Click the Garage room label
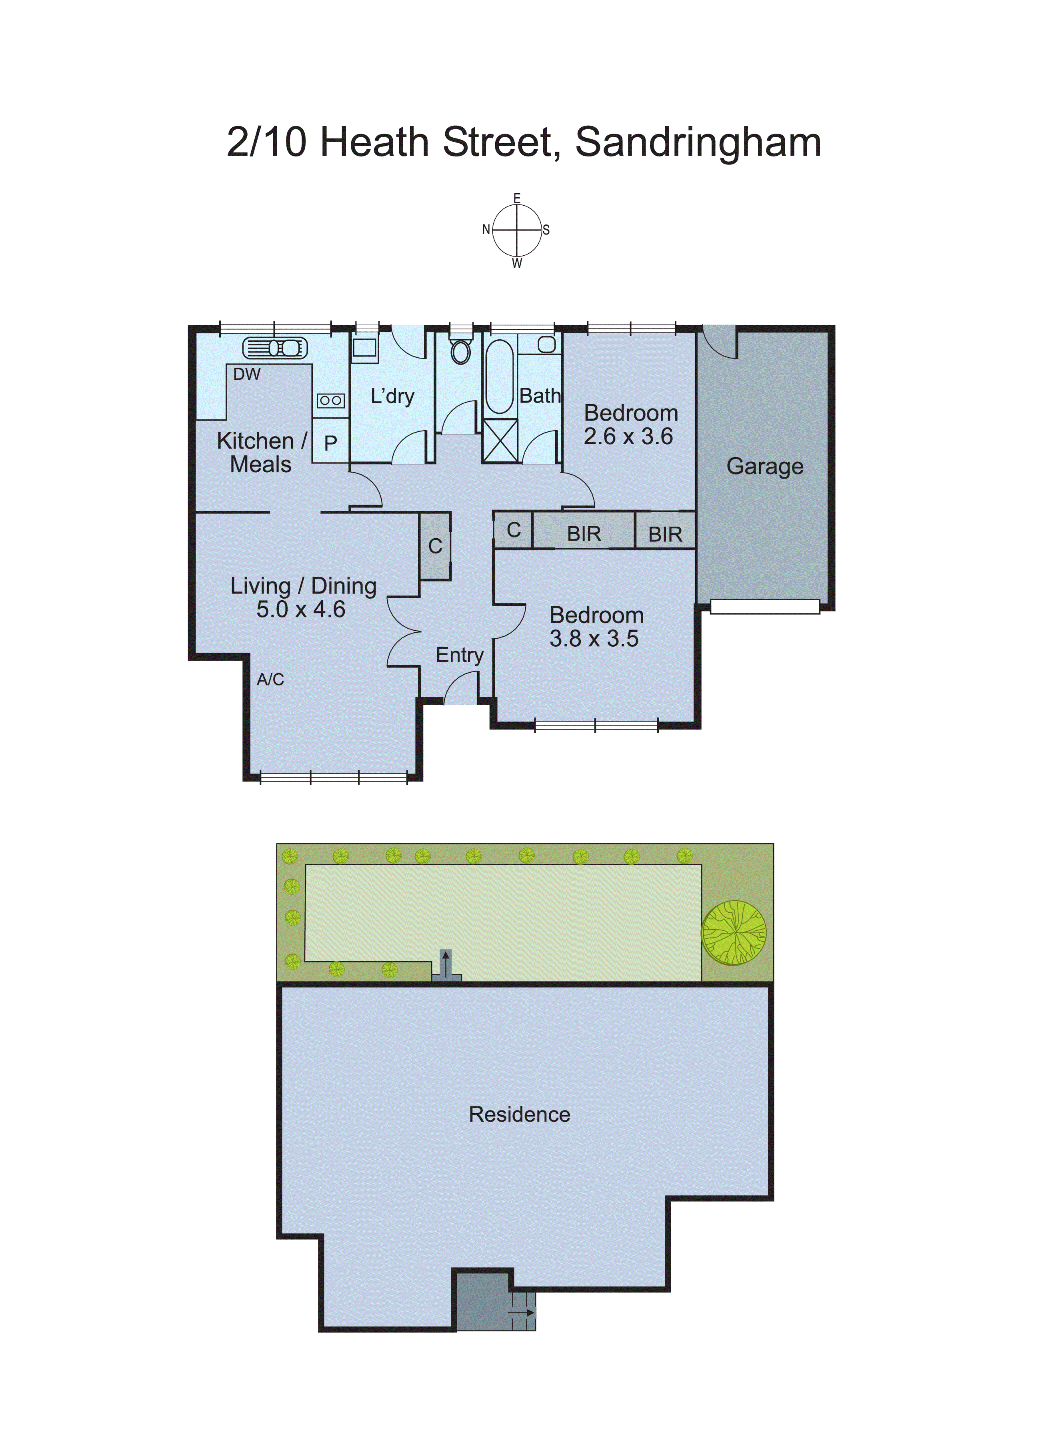764,467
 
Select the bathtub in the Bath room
499,377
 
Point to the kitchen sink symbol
275,348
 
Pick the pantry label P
330,443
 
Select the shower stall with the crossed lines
500,440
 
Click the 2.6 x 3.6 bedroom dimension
628,437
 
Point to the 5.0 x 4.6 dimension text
300,609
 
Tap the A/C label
270,679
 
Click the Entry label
460,655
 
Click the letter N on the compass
486,230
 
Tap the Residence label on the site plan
519,1114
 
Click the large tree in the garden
734,933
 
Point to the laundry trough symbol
364,347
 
